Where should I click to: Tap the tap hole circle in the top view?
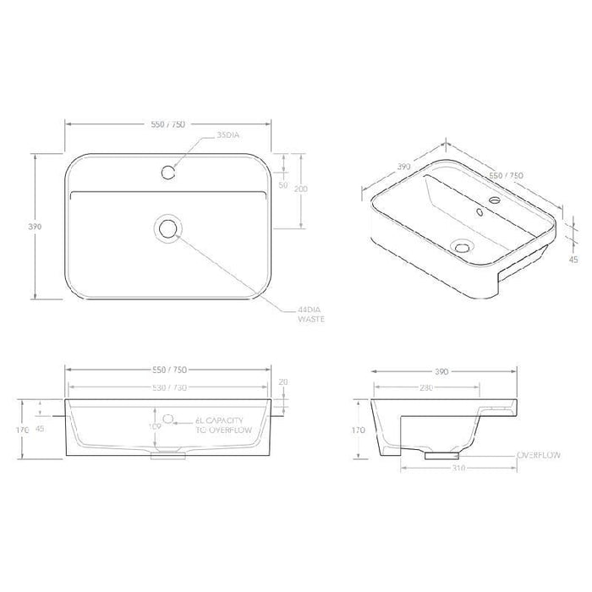pos(168,173)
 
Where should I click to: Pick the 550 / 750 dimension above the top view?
pos(168,124)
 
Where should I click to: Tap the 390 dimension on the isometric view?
pos(404,167)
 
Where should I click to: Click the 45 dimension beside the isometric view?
pos(574,260)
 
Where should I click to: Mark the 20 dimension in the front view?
pos(282,382)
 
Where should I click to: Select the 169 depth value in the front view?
pos(154,428)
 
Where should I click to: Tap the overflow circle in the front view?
pos(168,419)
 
